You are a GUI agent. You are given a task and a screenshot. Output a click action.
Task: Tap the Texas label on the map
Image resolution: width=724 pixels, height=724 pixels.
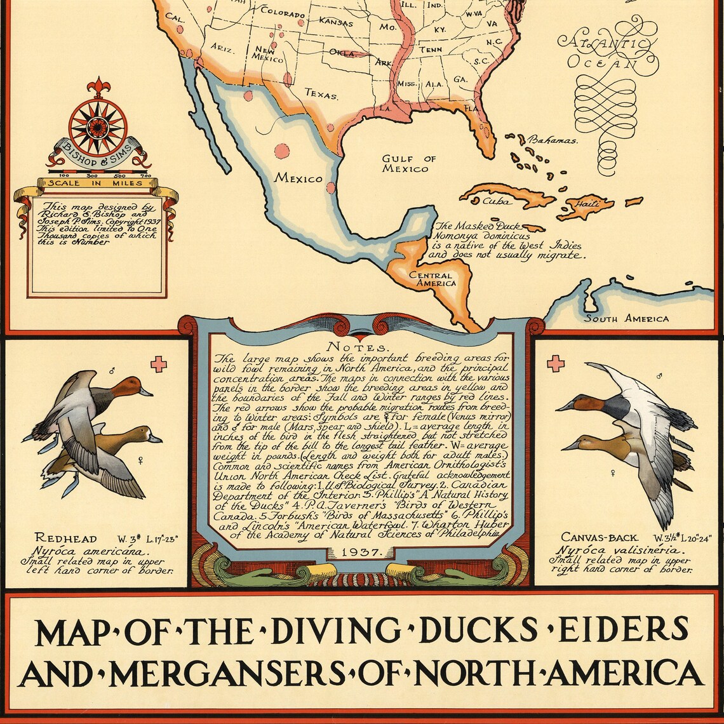coord(321,93)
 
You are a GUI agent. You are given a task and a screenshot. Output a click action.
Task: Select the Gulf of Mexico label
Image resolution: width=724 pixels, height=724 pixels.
coord(409,163)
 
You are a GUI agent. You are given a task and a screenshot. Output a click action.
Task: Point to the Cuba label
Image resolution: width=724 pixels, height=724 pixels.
coord(496,201)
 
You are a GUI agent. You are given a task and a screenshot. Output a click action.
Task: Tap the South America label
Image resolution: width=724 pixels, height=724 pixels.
coord(626,318)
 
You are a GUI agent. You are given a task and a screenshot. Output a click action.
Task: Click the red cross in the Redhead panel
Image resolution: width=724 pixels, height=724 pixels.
coord(158,364)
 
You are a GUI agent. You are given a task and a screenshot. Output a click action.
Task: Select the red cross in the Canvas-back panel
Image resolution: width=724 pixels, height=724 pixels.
coord(555,364)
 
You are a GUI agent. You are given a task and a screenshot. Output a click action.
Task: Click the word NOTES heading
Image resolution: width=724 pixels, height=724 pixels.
coord(365,347)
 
